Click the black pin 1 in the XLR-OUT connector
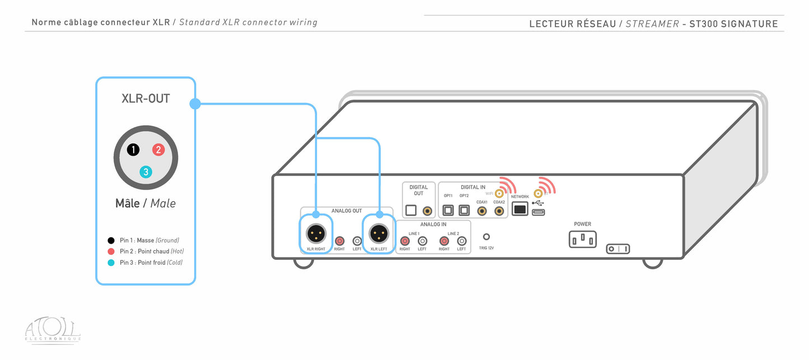(x=133, y=149)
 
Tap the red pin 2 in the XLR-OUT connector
(x=158, y=149)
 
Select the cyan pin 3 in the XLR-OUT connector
(x=146, y=172)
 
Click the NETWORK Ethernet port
(x=520, y=209)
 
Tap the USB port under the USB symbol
(x=539, y=212)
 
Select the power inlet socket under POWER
(x=582, y=240)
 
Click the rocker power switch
(x=618, y=249)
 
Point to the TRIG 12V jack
(x=487, y=237)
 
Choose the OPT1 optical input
(x=448, y=211)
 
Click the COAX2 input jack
(x=499, y=211)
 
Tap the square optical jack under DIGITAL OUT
(x=411, y=211)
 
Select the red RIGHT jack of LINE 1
(x=405, y=241)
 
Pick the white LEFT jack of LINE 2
(x=461, y=241)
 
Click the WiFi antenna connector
(x=498, y=194)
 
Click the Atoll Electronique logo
(x=53, y=330)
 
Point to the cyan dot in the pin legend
(x=111, y=263)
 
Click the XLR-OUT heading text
(x=146, y=99)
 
